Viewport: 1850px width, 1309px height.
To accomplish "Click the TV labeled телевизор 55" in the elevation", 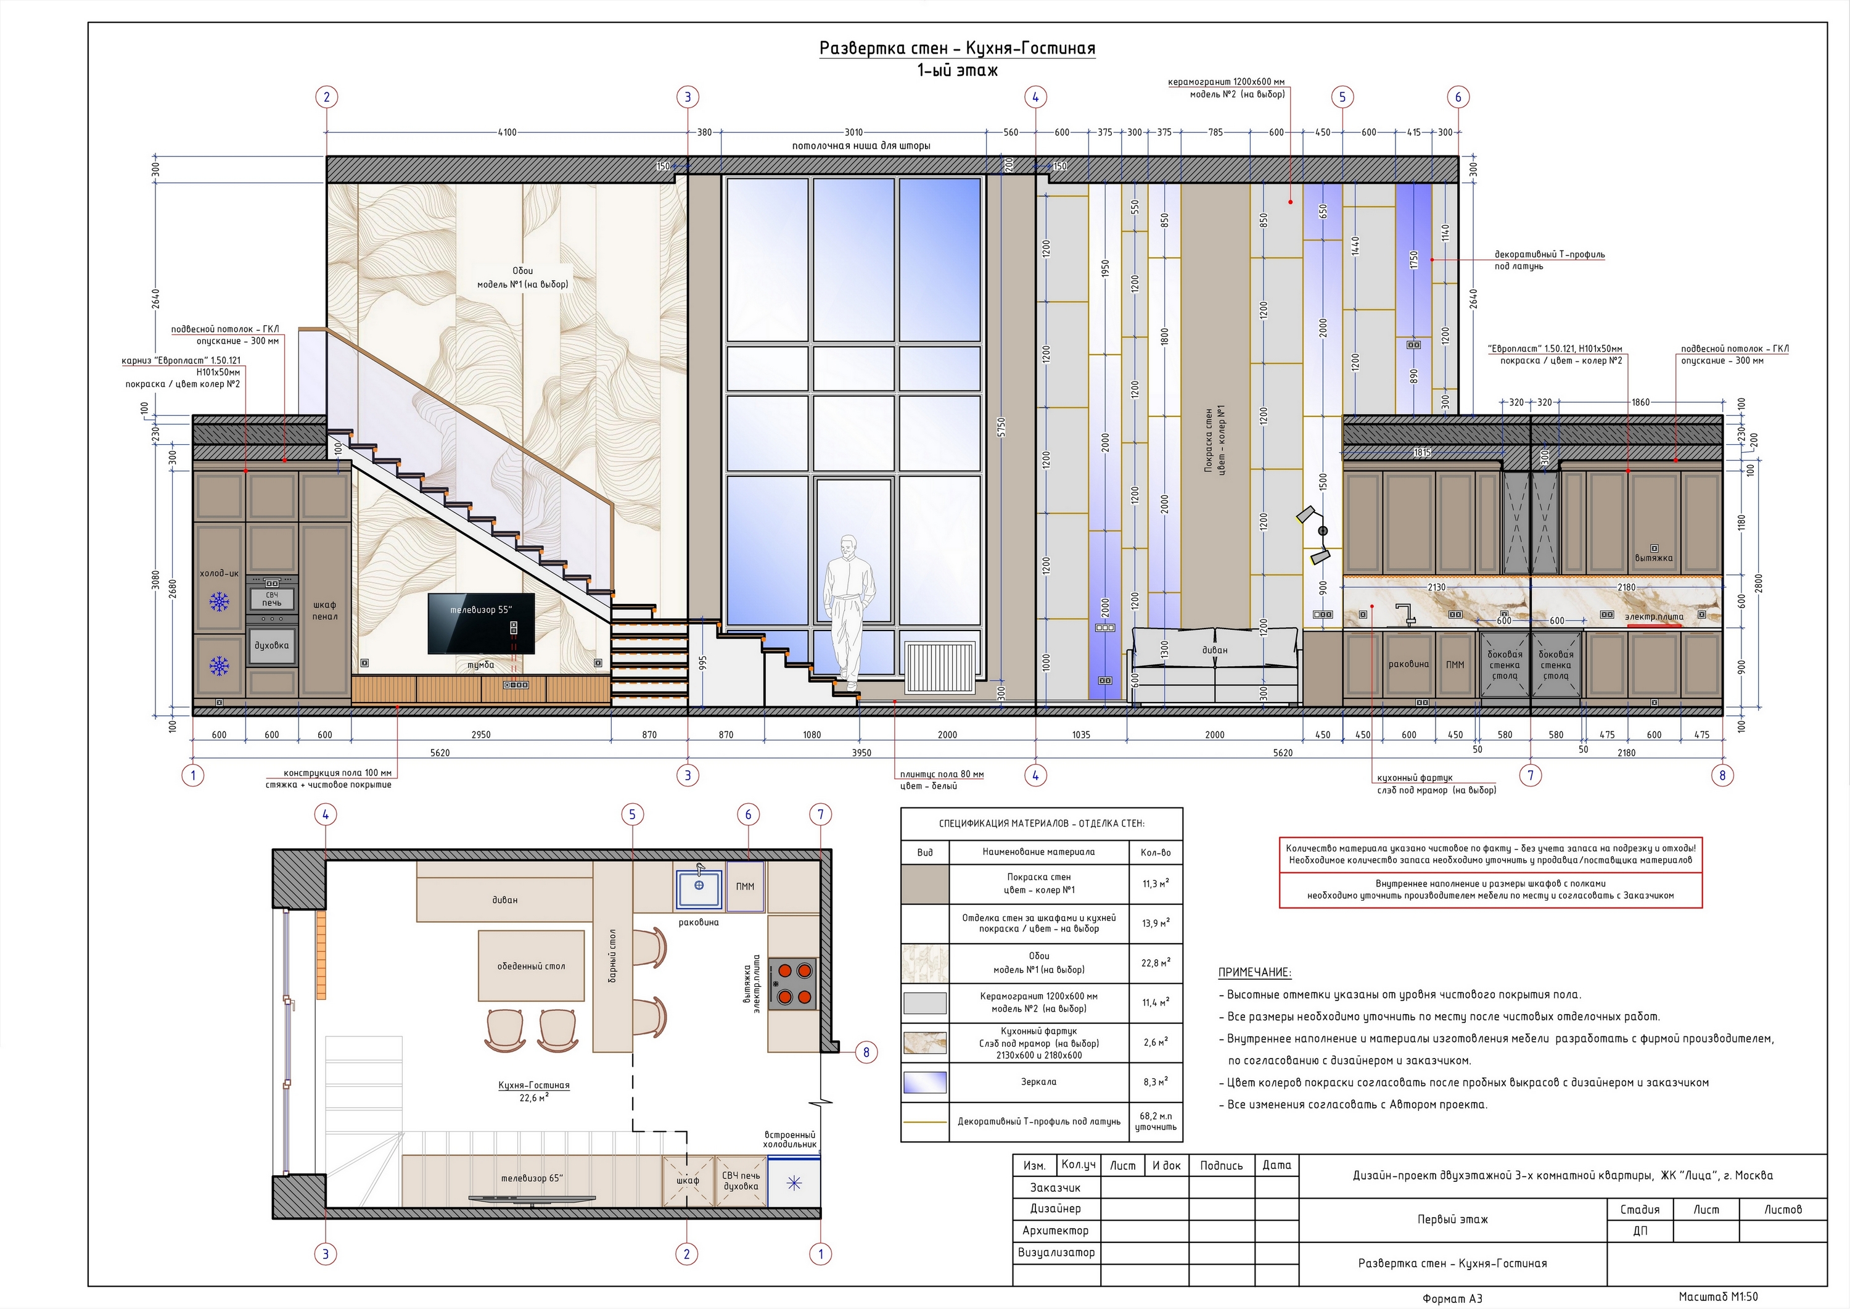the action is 481,623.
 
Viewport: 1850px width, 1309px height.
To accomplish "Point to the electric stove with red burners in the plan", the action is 792,984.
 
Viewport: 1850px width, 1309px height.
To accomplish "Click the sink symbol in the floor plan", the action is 699,886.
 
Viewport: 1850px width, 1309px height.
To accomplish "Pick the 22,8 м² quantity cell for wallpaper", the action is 1156,963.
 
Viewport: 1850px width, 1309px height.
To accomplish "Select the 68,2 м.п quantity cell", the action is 1156,1121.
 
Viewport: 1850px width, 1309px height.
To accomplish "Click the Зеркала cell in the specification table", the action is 1038,1082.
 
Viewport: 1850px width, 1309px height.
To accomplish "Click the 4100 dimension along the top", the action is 507,132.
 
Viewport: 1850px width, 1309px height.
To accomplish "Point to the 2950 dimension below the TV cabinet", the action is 481,734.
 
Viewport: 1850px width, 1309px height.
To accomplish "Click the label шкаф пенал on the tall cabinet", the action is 325,610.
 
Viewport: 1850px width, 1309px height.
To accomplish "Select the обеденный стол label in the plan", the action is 531,965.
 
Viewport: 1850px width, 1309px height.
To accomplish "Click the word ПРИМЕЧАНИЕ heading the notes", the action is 1254,972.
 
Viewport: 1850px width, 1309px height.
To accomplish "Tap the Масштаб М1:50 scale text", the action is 1718,1297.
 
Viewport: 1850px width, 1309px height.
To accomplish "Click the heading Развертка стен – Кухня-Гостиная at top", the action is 957,48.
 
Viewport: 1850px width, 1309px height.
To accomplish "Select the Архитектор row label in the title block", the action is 1054,1231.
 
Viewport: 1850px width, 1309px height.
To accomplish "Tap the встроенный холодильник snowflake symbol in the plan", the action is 794,1183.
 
